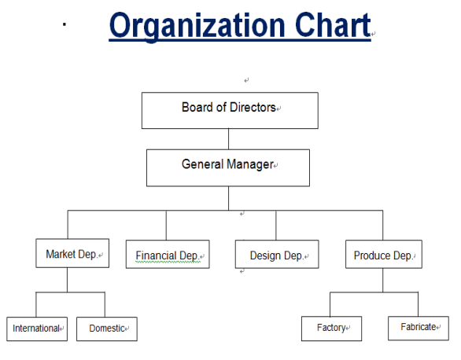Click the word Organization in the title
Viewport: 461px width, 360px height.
197,27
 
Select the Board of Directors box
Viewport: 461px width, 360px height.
230,110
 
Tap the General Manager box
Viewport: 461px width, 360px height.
228,167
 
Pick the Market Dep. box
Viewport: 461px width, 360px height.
72,253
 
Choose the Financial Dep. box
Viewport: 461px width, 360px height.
168,255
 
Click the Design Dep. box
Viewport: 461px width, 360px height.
277,255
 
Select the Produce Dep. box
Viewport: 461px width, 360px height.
384,255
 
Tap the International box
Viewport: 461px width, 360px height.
37,329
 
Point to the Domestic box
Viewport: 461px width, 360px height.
107,329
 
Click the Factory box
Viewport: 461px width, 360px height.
332,329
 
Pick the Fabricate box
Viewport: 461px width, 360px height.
419,329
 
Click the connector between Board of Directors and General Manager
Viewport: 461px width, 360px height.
228,139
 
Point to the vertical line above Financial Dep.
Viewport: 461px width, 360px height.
166,226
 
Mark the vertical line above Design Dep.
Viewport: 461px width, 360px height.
276,226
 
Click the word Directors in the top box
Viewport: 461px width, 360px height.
253,107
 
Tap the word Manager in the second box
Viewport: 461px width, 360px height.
250,164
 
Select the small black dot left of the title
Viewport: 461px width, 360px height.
65,24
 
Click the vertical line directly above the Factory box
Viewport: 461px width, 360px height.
330,304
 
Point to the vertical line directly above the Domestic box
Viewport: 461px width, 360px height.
105,304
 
